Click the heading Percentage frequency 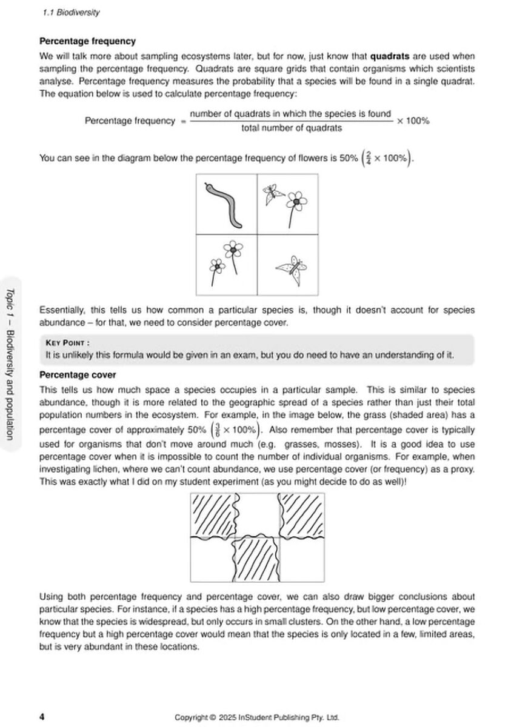87,42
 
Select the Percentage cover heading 78,376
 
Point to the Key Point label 67,342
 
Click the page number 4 42,717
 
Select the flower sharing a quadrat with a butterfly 295,205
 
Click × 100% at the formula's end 413,121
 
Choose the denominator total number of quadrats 291,128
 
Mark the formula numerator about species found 290,114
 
